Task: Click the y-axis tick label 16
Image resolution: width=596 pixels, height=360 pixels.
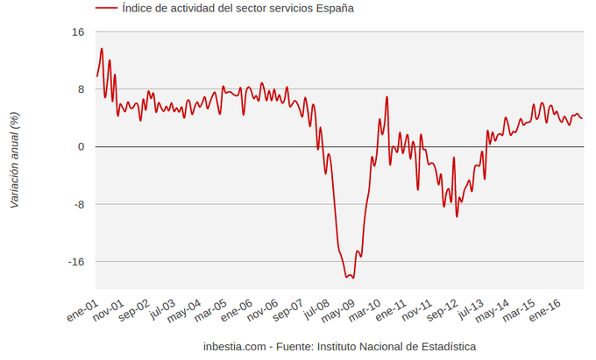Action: point(78,32)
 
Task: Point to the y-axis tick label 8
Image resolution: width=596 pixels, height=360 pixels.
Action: point(81,89)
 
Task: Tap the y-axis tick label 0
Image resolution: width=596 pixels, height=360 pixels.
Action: point(81,147)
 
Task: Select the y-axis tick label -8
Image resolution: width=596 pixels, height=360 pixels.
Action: point(78,205)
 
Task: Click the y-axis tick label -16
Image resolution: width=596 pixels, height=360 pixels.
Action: point(75,262)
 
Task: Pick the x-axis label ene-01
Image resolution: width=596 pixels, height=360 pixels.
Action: point(82,309)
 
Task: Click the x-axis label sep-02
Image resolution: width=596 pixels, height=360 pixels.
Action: point(136,309)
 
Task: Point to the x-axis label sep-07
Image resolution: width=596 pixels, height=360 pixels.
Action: point(289,309)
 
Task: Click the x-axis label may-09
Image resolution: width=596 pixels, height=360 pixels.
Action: point(340,309)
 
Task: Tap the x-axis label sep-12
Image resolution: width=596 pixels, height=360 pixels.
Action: point(443,309)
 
